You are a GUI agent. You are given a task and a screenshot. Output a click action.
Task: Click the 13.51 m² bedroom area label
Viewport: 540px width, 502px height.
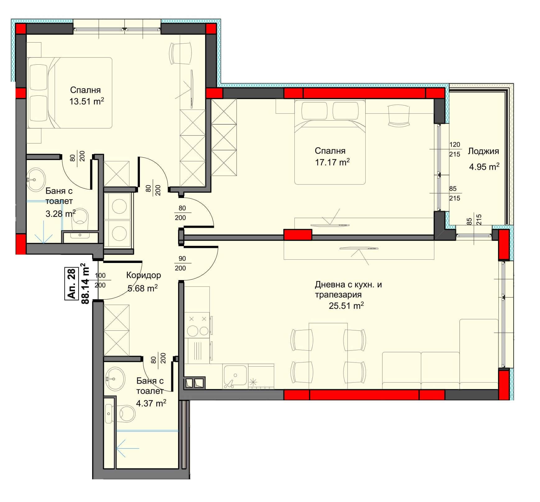(86, 101)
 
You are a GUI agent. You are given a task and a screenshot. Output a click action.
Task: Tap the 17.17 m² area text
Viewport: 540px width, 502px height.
(332, 162)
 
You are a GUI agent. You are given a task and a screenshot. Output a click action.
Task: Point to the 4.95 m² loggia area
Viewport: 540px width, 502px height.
(484, 167)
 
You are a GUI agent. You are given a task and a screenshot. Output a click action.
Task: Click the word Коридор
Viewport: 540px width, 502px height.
(144, 275)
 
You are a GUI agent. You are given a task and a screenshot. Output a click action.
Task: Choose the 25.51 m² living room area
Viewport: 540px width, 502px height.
(346, 306)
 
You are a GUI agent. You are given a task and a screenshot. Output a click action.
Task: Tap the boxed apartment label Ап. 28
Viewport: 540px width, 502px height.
(72, 284)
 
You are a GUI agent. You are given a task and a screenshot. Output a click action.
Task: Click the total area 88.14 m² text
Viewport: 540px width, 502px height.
(85, 284)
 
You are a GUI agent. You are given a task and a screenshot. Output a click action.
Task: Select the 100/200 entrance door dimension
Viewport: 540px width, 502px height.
(100, 280)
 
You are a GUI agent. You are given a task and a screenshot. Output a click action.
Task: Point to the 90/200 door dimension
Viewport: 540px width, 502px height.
(180, 263)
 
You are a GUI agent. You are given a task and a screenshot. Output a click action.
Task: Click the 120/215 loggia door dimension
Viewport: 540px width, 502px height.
(455, 149)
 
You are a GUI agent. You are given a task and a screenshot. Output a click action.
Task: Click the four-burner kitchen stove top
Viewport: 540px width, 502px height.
(198, 325)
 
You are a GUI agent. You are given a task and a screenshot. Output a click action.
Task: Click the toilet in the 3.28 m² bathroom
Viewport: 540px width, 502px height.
(81, 217)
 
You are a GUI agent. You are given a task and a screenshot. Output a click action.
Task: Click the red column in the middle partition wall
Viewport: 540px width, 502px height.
(298, 235)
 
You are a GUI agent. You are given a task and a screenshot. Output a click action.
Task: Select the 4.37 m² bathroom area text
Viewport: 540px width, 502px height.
(151, 403)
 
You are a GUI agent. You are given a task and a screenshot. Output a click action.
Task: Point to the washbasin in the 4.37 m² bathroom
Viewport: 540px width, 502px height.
(115, 379)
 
